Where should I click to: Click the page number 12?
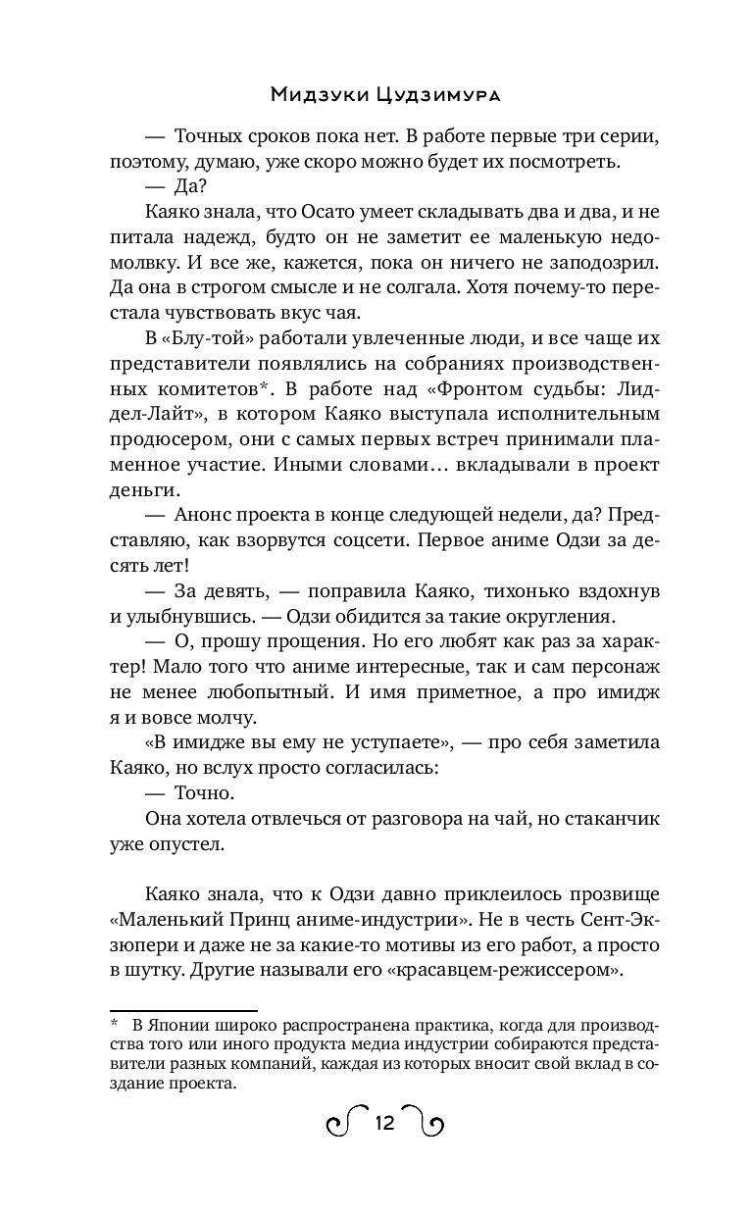coord(383,1124)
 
